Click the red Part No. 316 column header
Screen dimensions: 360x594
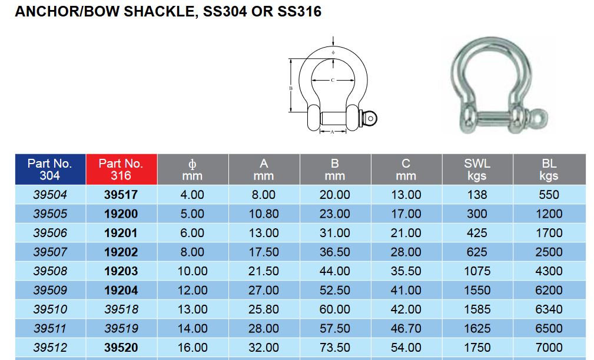point(121,169)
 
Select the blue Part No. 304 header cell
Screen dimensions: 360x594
point(50,169)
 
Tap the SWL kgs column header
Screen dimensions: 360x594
point(477,169)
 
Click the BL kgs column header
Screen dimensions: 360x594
point(549,169)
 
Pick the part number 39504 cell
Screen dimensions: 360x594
point(50,195)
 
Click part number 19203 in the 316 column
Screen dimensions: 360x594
point(121,271)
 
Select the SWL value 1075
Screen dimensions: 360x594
point(477,271)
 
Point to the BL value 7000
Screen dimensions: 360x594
point(549,347)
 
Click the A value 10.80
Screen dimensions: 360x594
point(264,214)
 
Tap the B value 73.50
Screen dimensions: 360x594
point(335,347)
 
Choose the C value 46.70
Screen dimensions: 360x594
point(406,328)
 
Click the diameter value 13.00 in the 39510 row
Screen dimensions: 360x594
point(193,309)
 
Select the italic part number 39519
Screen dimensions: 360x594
point(121,328)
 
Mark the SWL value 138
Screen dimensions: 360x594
point(477,195)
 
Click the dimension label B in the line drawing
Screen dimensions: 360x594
point(291,88)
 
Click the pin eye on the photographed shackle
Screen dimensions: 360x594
point(538,118)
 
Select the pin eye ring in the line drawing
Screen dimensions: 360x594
point(371,118)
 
